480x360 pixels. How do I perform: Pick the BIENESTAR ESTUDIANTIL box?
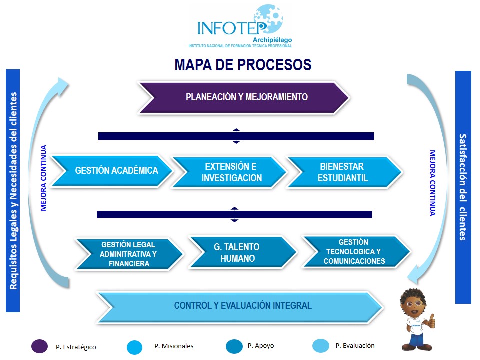pos(344,172)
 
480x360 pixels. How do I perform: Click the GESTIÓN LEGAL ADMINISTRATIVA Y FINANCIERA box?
pos(129,254)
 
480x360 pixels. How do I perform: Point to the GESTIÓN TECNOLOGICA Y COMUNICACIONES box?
pos(355,251)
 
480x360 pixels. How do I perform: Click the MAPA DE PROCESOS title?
pos(243,65)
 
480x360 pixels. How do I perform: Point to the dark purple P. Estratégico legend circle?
pos(39,346)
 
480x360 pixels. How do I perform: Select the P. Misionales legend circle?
pos(135,347)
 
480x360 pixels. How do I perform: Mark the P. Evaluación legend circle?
pos(320,346)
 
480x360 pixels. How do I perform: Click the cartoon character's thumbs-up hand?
pos(431,320)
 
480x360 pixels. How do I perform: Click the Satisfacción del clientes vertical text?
pos(463,187)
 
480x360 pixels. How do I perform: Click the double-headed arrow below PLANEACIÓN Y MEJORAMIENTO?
pos(236,136)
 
